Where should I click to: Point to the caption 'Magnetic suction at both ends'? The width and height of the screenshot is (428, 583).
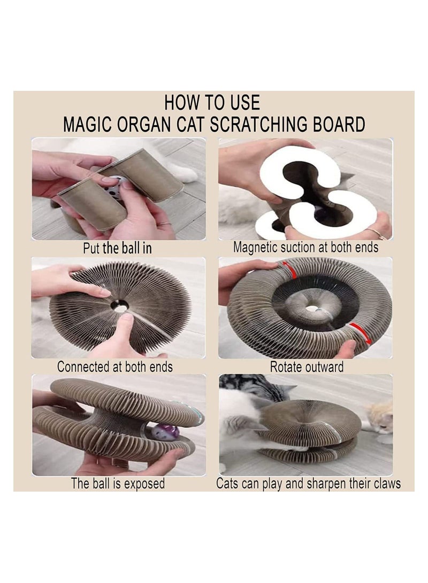coord(305,248)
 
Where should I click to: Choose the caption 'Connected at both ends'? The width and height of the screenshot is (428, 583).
coord(114,367)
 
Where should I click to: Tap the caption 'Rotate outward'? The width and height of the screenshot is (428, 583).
coord(306,367)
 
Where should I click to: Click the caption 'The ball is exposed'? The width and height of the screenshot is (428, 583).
coord(118,484)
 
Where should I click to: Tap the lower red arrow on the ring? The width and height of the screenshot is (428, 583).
coord(359,332)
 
